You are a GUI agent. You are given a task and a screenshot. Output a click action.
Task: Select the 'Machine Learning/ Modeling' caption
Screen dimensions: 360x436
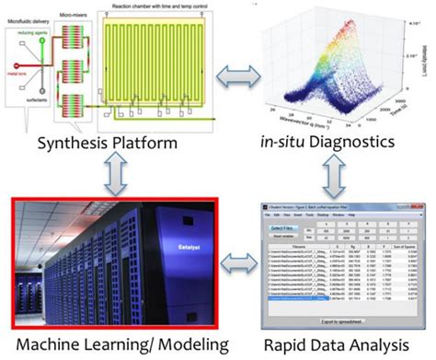pyautogui.click(x=109, y=346)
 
